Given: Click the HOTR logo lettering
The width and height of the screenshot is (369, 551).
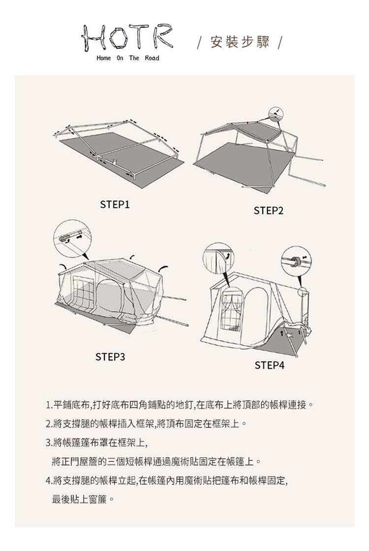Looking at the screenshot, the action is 127,37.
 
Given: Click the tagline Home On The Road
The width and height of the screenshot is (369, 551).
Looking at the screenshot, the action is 128,58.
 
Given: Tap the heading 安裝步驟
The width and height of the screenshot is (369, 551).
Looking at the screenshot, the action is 240,42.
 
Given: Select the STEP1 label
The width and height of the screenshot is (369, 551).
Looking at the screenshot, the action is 115,204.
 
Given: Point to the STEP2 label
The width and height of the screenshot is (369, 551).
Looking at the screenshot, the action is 268,211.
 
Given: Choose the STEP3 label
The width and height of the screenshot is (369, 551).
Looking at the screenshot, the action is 110,357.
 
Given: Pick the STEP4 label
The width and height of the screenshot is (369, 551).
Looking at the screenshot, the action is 269,365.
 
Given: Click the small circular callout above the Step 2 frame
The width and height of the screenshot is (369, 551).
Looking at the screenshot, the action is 276,113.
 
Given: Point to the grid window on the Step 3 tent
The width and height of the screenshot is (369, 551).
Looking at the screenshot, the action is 83,291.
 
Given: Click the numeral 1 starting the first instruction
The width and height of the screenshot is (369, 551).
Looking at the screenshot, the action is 48,406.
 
